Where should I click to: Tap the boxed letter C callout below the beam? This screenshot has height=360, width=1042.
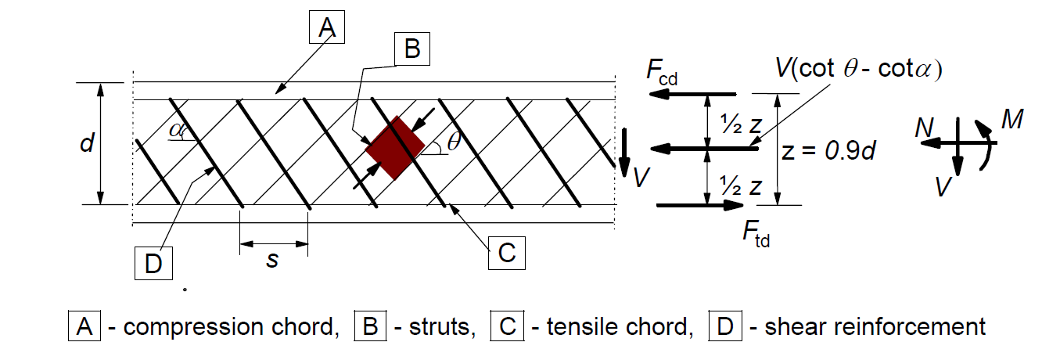point(507,254)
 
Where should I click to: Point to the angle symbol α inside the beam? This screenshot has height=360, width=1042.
point(177,129)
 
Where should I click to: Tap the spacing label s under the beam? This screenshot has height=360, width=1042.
point(272,259)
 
